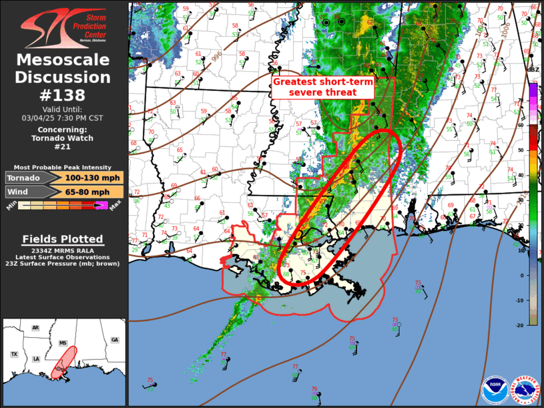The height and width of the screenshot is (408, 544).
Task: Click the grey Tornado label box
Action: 25,178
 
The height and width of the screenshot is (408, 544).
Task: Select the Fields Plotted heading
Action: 63,239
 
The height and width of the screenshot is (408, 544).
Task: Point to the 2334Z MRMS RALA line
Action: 63,249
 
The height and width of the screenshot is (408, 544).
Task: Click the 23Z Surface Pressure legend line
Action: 63,264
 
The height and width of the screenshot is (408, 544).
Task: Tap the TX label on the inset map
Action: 14,354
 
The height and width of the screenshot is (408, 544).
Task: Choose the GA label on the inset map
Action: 115,340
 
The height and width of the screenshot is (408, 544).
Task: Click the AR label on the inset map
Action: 35,328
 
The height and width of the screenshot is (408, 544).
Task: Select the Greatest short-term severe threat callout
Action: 324,86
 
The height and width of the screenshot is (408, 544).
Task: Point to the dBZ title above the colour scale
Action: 533,69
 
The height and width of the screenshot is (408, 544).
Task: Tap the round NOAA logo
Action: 495,389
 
